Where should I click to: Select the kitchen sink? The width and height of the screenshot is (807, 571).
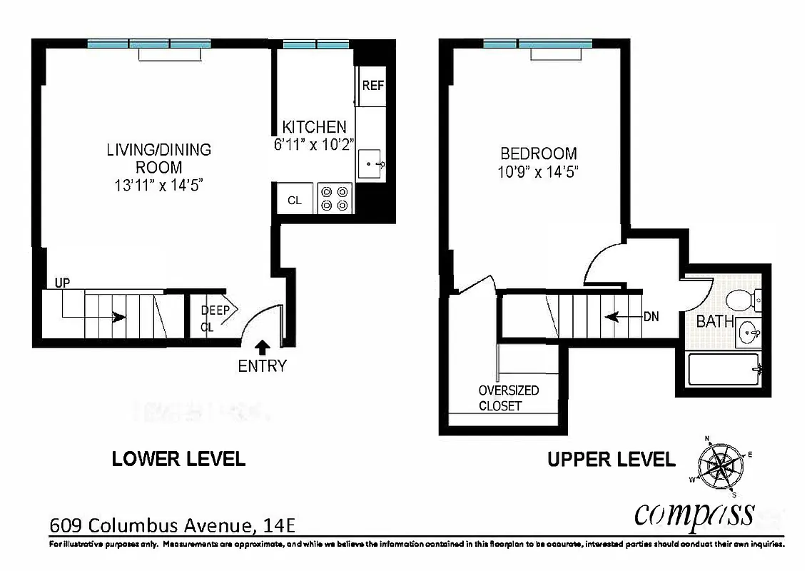[372, 165]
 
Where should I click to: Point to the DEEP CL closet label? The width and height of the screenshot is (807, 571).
[215, 319]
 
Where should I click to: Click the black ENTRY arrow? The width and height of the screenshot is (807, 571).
[262, 348]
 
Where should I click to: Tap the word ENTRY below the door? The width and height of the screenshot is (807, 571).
[262, 366]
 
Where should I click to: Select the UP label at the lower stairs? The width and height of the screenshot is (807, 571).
[62, 283]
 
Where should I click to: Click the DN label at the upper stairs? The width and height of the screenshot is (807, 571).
[651, 316]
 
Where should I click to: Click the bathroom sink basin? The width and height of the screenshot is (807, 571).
[748, 331]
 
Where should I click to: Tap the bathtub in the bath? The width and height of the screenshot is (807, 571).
[724, 369]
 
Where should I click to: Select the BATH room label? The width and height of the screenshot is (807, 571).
[714, 322]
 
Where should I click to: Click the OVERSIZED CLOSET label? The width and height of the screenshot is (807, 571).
[509, 398]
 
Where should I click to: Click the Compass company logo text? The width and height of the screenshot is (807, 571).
[694, 512]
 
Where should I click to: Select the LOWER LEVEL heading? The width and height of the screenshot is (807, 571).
[178, 459]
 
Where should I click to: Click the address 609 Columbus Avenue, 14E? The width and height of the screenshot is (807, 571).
[172, 526]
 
